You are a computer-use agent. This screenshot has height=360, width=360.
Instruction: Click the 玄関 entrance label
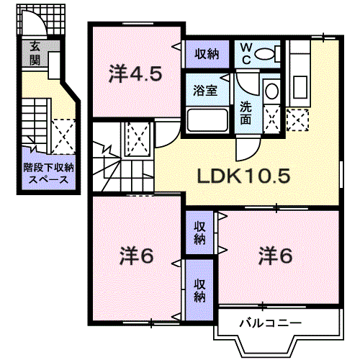(35, 54)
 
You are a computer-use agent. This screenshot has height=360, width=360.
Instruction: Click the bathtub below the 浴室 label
(207, 120)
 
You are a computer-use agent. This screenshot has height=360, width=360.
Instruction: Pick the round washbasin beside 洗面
(271, 91)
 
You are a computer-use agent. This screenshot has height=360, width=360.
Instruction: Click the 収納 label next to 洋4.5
(207, 53)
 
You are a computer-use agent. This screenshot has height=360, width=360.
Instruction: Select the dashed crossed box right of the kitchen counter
(296, 117)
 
